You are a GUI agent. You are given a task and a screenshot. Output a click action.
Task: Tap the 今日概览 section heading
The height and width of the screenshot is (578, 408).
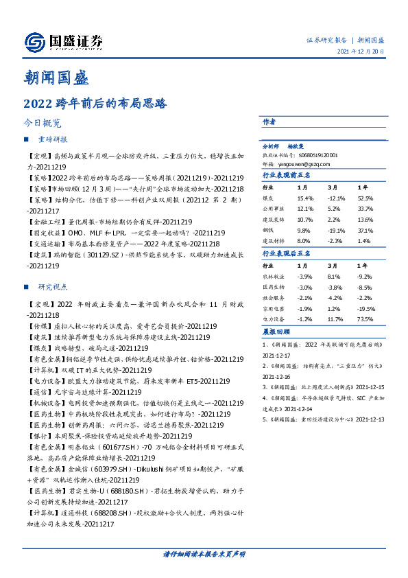pos(43,124)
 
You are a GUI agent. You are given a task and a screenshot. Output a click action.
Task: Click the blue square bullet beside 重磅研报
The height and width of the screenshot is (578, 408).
pos(26,139)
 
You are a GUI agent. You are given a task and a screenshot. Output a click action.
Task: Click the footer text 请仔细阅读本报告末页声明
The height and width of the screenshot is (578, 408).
pos(204,553)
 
